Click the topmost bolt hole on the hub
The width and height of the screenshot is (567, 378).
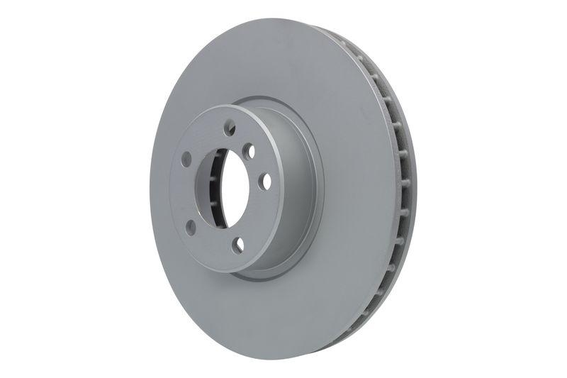click(x=230, y=128)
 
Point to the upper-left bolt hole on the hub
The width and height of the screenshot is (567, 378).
click(x=186, y=159)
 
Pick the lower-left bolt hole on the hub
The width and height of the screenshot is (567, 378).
click(x=191, y=227)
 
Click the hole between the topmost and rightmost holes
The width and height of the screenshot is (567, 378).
click(x=248, y=151)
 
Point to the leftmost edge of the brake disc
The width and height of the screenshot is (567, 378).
click(x=150, y=191)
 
